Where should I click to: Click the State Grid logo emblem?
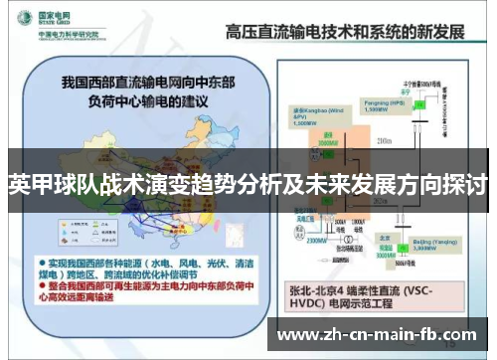tap(21, 17)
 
